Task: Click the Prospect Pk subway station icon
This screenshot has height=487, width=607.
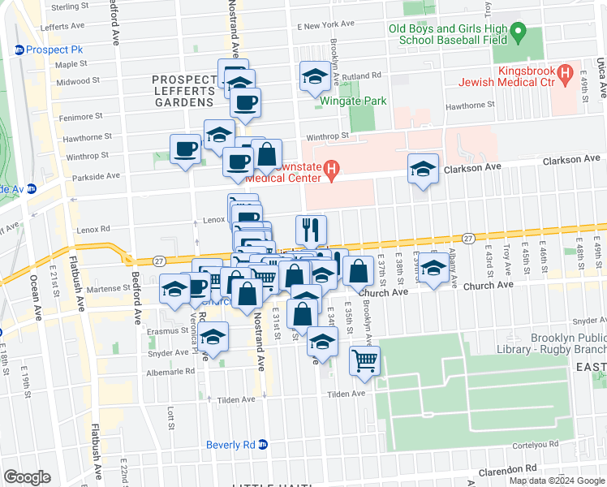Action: coord(19,50)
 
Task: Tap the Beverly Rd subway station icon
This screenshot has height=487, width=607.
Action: coord(263,445)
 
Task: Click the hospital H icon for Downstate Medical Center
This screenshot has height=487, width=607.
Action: coord(330,168)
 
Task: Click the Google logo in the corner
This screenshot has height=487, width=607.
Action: coord(28,477)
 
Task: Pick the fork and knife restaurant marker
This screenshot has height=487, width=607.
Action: coord(312,230)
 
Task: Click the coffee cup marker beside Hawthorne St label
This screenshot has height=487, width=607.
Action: coord(186,149)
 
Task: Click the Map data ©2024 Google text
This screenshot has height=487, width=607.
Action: coord(557,481)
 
